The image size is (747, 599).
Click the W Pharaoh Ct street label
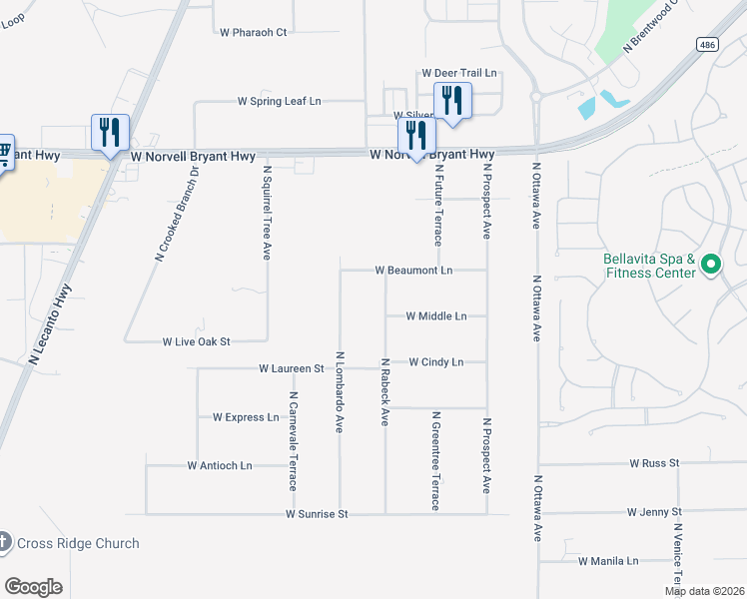click(x=253, y=32)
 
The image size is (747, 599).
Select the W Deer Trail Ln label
click(x=459, y=73)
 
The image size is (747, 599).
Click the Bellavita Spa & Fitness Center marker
click(x=711, y=265)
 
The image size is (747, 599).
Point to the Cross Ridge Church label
click(x=78, y=544)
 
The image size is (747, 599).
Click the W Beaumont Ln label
click(x=413, y=270)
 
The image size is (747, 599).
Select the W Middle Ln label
click(x=436, y=315)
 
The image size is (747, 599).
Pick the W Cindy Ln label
click(x=436, y=361)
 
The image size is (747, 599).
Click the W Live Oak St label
click(x=197, y=341)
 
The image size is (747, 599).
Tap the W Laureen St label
click(x=292, y=368)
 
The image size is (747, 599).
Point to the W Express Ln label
click(x=246, y=417)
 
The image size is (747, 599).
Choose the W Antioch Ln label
click(x=220, y=465)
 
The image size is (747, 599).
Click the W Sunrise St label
click(x=317, y=514)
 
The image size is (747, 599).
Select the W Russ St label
click(x=654, y=463)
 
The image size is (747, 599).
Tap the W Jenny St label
click(x=654, y=511)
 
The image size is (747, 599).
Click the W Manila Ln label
click(x=608, y=561)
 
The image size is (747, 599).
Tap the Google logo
click(x=33, y=587)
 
